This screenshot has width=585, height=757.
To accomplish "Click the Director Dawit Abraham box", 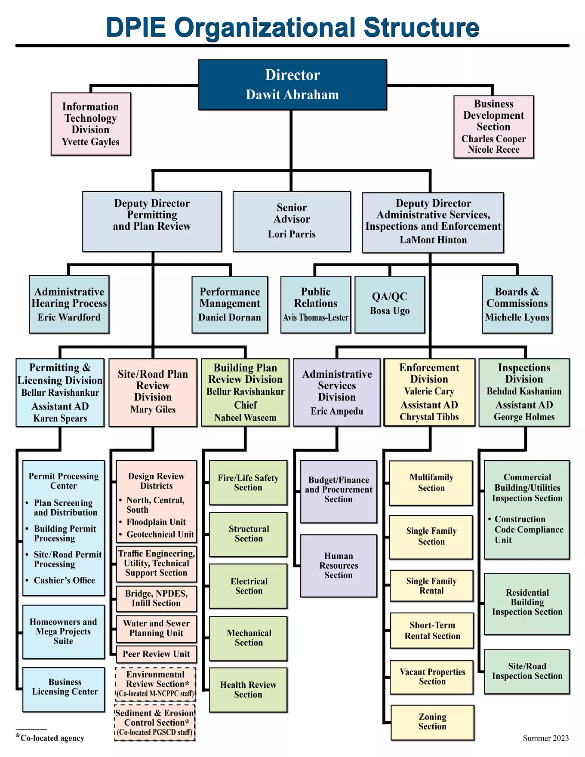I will [292, 85].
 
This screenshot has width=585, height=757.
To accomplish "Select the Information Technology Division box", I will [91, 124].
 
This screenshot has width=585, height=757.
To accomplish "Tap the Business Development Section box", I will [493, 127].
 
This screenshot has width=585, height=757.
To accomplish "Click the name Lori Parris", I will [292, 234].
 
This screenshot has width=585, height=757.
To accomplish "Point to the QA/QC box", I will [390, 304].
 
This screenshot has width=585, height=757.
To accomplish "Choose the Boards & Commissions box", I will [517, 304].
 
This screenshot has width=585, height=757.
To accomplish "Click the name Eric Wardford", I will [69, 317].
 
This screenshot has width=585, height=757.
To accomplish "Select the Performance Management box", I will [230, 304].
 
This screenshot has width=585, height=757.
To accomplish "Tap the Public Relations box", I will [316, 304].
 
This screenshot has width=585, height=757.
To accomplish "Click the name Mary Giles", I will [153, 409].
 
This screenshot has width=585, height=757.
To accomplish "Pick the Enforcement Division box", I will [429, 392].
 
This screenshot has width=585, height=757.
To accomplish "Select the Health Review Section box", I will [248, 690].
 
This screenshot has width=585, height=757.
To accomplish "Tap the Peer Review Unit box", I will [156, 654].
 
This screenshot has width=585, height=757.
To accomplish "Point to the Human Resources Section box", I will [339, 566].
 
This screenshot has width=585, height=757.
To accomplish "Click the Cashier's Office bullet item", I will [65, 581].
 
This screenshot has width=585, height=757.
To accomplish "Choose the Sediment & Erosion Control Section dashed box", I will [155, 723].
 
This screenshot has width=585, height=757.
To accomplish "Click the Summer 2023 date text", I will [545, 739].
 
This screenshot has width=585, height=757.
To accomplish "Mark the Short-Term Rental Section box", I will [432, 631].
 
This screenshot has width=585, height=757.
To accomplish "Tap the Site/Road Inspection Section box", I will [527, 671].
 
